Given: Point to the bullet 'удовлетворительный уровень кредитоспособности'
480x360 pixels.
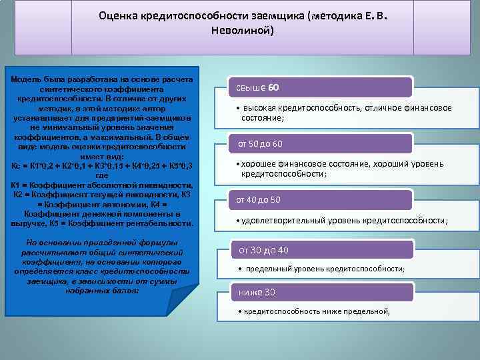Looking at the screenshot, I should click(x=343, y=221).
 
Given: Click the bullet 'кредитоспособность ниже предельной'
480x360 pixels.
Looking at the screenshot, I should click(x=316, y=311).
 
